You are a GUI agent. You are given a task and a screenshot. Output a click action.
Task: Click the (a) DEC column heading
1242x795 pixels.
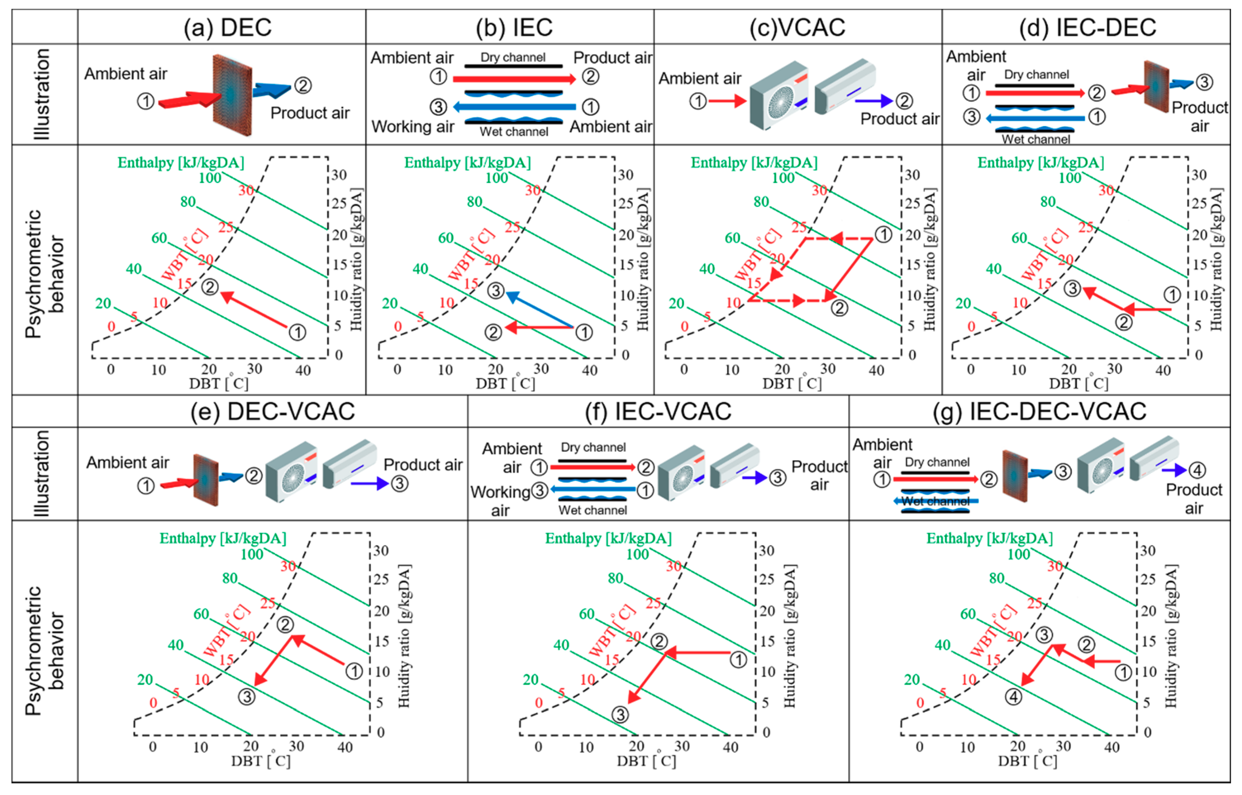227,27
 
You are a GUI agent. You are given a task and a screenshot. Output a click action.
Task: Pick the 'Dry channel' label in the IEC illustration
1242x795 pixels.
512,57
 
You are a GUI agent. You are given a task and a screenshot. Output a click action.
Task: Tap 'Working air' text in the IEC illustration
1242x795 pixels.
412,126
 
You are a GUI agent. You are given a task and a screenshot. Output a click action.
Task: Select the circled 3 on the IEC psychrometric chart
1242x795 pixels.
496,291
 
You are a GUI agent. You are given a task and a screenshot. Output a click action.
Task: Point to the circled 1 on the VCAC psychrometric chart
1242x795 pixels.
883,235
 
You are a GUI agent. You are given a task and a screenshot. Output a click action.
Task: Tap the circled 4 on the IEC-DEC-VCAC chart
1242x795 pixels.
1013,697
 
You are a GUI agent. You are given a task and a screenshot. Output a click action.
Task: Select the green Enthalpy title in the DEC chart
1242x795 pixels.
181,163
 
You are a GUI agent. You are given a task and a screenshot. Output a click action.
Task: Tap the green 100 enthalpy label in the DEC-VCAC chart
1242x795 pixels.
252,555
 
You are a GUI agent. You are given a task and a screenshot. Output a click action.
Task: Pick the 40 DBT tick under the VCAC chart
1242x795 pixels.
876,370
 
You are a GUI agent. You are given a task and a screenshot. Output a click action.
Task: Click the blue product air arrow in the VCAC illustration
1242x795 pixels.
874,101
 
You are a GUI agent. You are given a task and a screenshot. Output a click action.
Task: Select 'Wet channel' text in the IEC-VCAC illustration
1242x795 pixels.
592,510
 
